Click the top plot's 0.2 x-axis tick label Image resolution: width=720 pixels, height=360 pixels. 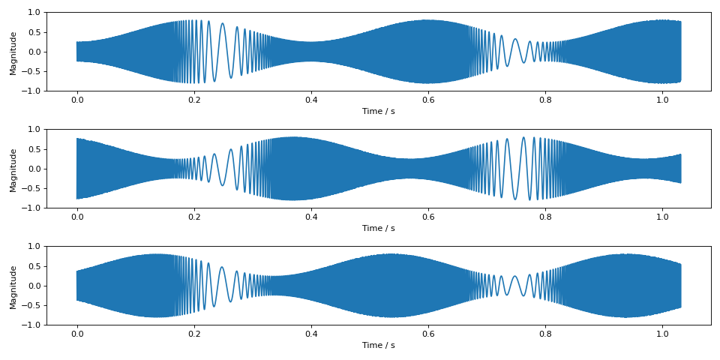pyautogui.click(x=193, y=100)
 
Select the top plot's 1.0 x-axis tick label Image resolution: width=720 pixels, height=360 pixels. pyautogui.click(x=662, y=100)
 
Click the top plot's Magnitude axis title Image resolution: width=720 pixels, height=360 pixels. pyautogui.click(x=13, y=52)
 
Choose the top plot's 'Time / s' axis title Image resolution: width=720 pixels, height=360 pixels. pyautogui.click(x=379, y=111)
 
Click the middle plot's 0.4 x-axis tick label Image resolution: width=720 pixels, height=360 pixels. pyautogui.click(x=310, y=217)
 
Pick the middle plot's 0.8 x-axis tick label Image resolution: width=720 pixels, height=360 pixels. pyautogui.click(x=545, y=217)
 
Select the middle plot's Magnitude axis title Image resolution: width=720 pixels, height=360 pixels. pyautogui.click(x=13, y=169)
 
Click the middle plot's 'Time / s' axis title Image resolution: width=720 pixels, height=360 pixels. pyautogui.click(x=379, y=228)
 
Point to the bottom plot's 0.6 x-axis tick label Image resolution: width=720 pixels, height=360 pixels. pyautogui.click(x=428, y=334)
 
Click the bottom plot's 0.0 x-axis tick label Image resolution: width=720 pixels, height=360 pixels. pyautogui.click(x=76, y=334)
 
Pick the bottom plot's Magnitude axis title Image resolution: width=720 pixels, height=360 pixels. pyautogui.click(x=13, y=286)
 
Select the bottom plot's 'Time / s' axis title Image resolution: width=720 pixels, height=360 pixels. pyautogui.click(x=379, y=345)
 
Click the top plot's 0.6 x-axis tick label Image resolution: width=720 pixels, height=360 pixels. pyautogui.click(x=428, y=100)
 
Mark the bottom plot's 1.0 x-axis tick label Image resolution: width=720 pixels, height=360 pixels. pyautogui.click(x=662, y=334)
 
